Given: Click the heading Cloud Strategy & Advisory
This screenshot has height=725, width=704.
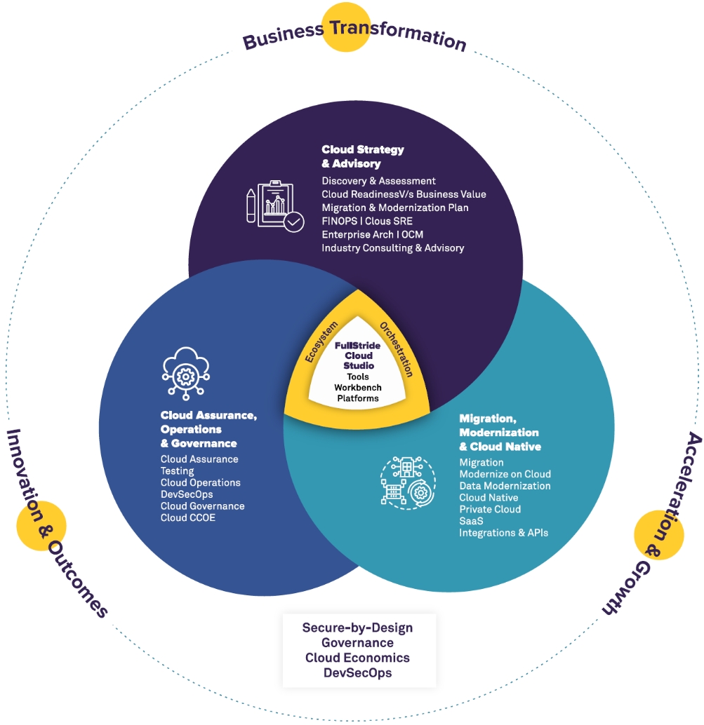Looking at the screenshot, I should click(363, 156).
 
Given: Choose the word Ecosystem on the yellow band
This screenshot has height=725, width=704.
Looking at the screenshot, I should click(320, 341).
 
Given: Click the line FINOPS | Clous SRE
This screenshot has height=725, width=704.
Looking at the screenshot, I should click(367, 221).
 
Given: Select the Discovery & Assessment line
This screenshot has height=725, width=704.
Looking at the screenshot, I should click(378, 181).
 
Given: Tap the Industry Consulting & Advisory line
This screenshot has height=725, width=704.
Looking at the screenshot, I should click(392, 248).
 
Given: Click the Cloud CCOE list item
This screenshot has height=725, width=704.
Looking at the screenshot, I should click(188, 517).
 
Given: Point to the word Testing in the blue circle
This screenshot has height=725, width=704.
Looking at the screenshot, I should click(177, 471).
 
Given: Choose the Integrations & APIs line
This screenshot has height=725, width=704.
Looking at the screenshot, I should click(503, 533).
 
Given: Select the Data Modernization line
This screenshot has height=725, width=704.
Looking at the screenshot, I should click(505, 486).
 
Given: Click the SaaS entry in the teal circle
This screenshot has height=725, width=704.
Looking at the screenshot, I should click(471, 521).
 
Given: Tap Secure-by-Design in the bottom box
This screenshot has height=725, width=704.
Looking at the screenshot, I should click(357, 628).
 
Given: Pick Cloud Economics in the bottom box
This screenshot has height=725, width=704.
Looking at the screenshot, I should click(357, 658).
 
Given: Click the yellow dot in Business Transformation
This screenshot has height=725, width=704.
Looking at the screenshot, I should click(346, 27).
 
